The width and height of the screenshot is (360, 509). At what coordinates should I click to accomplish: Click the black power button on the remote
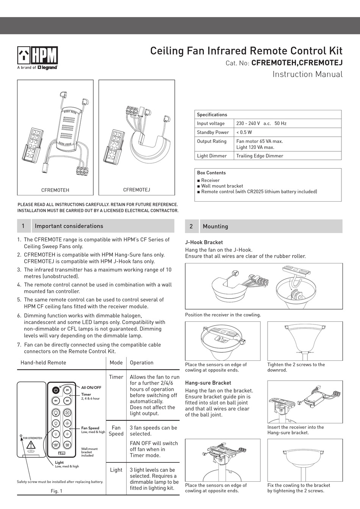[x=56, y=390]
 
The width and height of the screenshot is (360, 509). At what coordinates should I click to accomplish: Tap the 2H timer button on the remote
[x=67, y=390]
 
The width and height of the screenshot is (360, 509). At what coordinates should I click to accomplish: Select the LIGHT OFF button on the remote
[x=56, y=445]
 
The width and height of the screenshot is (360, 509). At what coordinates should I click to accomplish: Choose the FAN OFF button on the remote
[x=67, y=445]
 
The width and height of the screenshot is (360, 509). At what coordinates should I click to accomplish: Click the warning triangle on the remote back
[x=31, y=445]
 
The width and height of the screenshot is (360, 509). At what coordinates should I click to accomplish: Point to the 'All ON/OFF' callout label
[x=91, y=387]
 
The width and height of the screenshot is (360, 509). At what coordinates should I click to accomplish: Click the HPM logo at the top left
[x=38, y=56]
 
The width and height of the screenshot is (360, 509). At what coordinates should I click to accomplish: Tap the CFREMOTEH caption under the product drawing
[x=55, y=190]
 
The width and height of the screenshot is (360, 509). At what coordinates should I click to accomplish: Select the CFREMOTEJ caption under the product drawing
[x=136, y=190]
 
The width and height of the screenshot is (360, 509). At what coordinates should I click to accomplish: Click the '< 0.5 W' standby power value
[x=244, y=132]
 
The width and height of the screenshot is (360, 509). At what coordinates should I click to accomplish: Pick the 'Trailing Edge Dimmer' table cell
[x=260, y=156]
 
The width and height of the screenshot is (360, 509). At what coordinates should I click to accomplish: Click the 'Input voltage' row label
[x=211, y=123]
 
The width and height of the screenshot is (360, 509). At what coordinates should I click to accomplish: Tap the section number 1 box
[x=23, y=226]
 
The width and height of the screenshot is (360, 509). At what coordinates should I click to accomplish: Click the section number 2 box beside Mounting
[x=191, y=226]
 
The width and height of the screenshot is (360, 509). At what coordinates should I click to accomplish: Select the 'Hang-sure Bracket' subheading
[x=208, y=383]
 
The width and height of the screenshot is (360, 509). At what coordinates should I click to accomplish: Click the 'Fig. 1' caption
[x=56, y=491]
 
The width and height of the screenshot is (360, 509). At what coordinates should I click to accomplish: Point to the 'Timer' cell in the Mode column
[x=116, y=377]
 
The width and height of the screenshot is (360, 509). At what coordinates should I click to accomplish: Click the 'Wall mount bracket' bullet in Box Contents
[x=222, y=186]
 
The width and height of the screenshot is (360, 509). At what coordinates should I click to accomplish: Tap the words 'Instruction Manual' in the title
[x=307, y=74]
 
